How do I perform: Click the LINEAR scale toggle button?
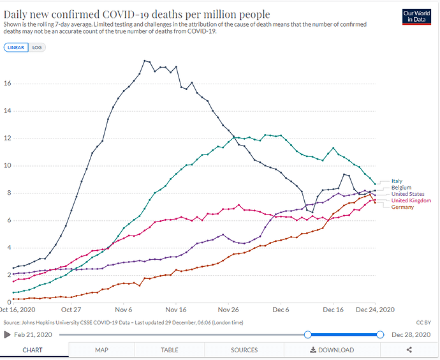click(15, 47)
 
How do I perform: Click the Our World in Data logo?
click(418, 16)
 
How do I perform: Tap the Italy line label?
click(397, 181)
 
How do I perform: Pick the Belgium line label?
click(400, 188)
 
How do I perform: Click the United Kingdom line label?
click(411, 200)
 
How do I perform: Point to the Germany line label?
click(402, 207)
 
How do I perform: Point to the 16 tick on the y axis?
click(7, 84)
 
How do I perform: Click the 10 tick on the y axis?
click(7, 166)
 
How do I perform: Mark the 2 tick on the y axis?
click(8, 275)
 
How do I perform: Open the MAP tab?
click(102, 350)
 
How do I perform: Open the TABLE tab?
click(170, 350)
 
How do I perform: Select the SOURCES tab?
click(244, 350)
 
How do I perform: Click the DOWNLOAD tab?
click(332, 350)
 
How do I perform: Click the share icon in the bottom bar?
click(409, 350)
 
